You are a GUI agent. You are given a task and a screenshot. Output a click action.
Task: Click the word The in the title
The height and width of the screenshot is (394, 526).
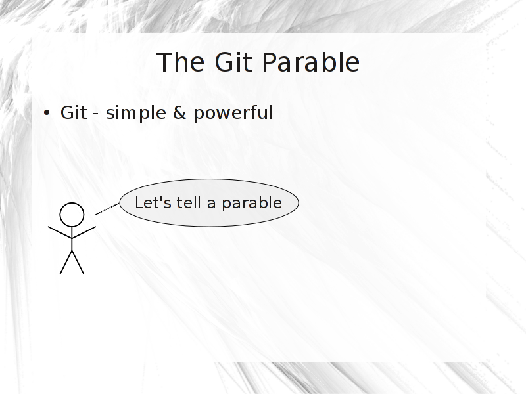pyautogui.click(x=180, y=62)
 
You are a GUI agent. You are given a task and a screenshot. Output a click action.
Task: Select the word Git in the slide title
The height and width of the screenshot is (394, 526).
pyautogui.click(x=233, y=62)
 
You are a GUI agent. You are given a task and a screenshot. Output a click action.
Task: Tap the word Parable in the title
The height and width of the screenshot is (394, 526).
pyautogui.click(x=310, y=62)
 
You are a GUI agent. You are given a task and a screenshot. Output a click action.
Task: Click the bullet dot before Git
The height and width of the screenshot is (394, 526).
pyautogui.click(x=47, y=112)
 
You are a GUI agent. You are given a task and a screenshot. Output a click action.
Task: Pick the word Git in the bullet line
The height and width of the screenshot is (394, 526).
pyautogui.click(x=74, y=112)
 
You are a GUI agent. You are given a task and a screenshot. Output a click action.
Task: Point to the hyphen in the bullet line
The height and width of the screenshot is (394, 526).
pyautogui.click(x=96, y=114)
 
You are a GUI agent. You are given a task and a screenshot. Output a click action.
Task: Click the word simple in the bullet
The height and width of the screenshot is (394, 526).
pyautogui.click(x=136, y=113)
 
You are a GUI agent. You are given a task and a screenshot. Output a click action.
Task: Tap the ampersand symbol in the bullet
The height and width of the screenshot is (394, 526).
pyautogui.click(x=179, y=112)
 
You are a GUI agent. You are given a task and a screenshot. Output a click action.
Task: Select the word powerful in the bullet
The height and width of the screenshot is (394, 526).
pyautogui.click(x=233, y=113)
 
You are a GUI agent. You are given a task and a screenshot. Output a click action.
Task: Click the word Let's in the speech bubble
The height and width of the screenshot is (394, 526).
pyautogui.click(x=153, y=203)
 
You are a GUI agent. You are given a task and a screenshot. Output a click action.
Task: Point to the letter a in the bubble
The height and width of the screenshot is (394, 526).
pyautogui.click(x=211, y=204)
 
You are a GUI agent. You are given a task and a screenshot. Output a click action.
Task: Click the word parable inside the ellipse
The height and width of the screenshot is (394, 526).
pyautogui.click(x=252, y=204)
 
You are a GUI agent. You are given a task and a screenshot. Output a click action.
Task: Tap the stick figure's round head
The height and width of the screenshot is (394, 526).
pyautogui.click(x=72, y=215)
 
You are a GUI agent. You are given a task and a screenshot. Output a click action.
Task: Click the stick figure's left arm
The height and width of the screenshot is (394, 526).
pyautogui.click(x=60, y=232)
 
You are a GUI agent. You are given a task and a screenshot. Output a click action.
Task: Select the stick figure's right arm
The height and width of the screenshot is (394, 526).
pyautogui.click(x=84, y=232)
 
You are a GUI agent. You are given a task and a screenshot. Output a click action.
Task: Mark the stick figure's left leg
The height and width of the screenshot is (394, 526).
pyautogui.click(x=66, y=262)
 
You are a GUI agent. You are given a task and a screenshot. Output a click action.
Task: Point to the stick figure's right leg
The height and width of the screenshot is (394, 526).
pyautogui.click(x=78, y=262)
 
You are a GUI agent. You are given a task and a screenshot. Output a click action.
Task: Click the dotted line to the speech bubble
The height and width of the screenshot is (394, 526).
pyautogui.click(x=107, y=209)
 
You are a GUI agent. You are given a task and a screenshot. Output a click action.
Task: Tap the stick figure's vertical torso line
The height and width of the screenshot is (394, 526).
pyautogui.click(x=72, y=238)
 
